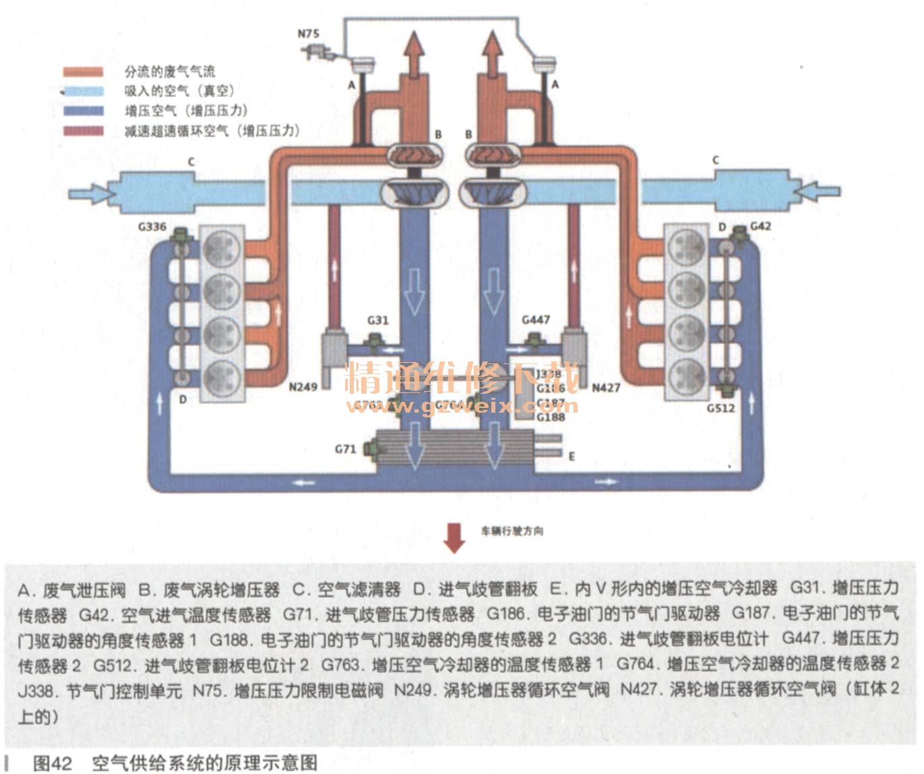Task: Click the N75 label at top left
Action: (x=309, y=32)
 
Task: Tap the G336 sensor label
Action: (x=152, y=227)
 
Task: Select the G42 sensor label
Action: (x=760, y=226)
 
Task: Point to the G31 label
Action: (x=377, y=320)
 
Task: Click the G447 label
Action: (x=536, y=319)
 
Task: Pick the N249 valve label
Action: (x=303, y=387)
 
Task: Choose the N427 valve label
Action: (x=606, y=387)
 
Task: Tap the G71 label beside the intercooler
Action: (x=345, y=448)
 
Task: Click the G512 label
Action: (x=720, y=408)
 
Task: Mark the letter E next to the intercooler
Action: (x=572, y=456)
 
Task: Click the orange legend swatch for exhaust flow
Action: (x=84, y=71)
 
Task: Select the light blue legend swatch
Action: (x=84, y=91)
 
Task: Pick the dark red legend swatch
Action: (x=84, y=131)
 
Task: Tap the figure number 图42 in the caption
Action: (x=52, y=763)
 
